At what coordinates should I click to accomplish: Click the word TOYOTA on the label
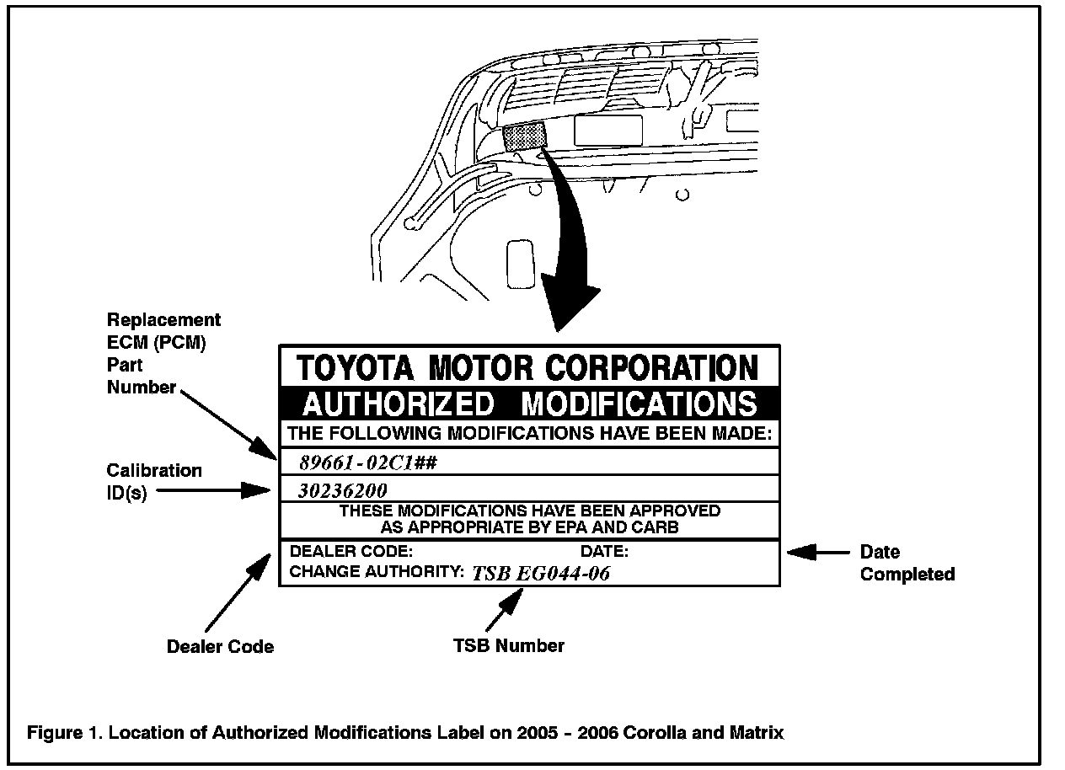pyautogui.click(x=355, y=368)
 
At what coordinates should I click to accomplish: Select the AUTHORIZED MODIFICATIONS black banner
pyautogui.click(x=529, y=404)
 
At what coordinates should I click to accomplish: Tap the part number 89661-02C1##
pyautogui.click(x=367, y=462)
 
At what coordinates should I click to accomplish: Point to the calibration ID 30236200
pyautogui.click(x=342, y=490)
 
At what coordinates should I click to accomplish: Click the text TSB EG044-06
pyautogui.click(x=541, y=574)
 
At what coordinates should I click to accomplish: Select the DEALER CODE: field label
pyautogui.click(x=351, y=552)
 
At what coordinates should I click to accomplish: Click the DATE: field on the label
pyautogui.click(x=604, y=552)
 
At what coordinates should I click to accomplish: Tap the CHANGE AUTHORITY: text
pyautogui.click(x=377, y=572)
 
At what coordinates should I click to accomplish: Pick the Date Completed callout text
pyautogui.click(x=907, y=563)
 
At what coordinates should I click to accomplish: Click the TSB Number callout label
pyautogui.click(x=509, y=645)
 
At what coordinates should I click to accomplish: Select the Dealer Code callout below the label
pyautogui.click(x=220, y=646)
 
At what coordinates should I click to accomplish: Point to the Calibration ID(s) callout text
pyautogui.click(x=153, y=482)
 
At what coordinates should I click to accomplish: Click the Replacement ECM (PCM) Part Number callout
pyautogui.click(x=163, y=354)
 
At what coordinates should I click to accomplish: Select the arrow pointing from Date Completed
pyautogui.click(x=817, y=553)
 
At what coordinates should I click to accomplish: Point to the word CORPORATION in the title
pyautogui.click(x=652, y=368)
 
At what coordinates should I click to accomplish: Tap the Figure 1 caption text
pyautogui.click(x=405, y=732)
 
